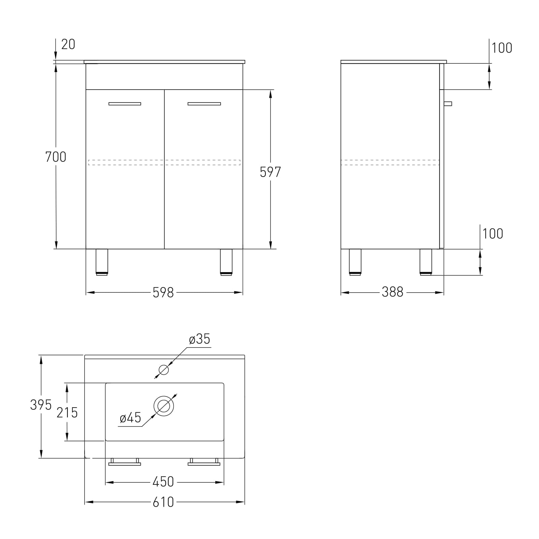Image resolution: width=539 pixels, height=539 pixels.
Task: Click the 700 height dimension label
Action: pyautogui.click(x=56, y=157)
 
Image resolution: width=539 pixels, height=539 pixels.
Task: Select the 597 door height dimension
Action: pyautogui.click(x=270, y=172)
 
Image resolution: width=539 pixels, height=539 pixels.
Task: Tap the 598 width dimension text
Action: pyautogui.click(x=163, y=293)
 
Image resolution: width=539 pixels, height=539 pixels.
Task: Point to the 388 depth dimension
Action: pyautogui.click(x=392, y=292)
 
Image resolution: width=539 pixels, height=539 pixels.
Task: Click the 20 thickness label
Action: pyautogui.click(x=68, y=44)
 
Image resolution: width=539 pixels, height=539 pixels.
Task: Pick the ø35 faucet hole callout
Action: pyautogui.click(x=199, y=339)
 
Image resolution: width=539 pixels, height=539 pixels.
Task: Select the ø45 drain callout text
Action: pyautogui.click(x=130, y=418)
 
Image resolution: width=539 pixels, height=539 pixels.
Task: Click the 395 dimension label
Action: pyautogui.click(x=41, y=405)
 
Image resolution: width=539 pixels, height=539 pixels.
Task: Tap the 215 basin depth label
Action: pyautogui.click(x=67, y=413)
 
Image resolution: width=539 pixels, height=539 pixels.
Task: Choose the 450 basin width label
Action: pyautogui.click(x=163, y=482)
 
